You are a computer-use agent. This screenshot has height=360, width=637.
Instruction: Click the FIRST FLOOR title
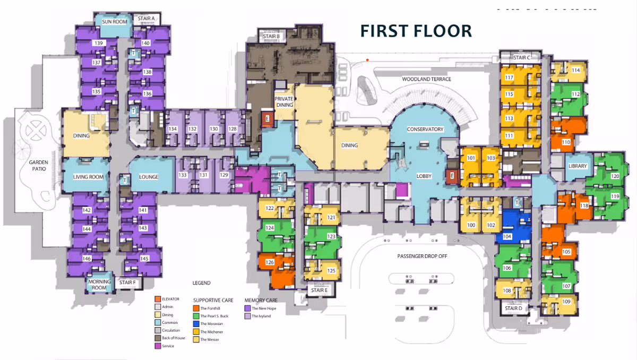tap(416, 31)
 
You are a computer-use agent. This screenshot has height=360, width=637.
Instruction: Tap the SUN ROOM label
tap(114, 22)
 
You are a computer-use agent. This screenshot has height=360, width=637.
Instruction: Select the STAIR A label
tap(146, 19)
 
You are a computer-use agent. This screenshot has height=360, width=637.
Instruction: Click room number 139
tap(98, 43)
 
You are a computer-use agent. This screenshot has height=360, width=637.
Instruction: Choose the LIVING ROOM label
tap(88, 177)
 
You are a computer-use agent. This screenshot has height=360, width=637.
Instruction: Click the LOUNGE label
tap(149, 177)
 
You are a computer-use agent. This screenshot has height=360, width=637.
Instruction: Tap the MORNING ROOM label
tap(99, 285)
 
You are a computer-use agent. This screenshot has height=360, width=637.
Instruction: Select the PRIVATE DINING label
tap(284, 102)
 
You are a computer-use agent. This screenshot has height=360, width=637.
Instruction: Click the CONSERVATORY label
tap(425, 130)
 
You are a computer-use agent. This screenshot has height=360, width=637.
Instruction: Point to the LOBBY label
tap(424, 176)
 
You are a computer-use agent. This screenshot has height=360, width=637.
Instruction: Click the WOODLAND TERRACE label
tap(426, 79)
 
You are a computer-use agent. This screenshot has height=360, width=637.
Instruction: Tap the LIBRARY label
tap(578, 166)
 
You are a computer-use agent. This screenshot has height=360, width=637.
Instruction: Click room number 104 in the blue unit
tap(507, 236)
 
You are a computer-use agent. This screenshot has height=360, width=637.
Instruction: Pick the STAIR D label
tap(513, 308)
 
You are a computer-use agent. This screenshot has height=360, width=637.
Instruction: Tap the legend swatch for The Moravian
tap(196, 323)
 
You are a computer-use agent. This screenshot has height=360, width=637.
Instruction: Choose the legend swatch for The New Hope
tap(247, 307)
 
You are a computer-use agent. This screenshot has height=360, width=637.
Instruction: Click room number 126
tap(270, 262)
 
